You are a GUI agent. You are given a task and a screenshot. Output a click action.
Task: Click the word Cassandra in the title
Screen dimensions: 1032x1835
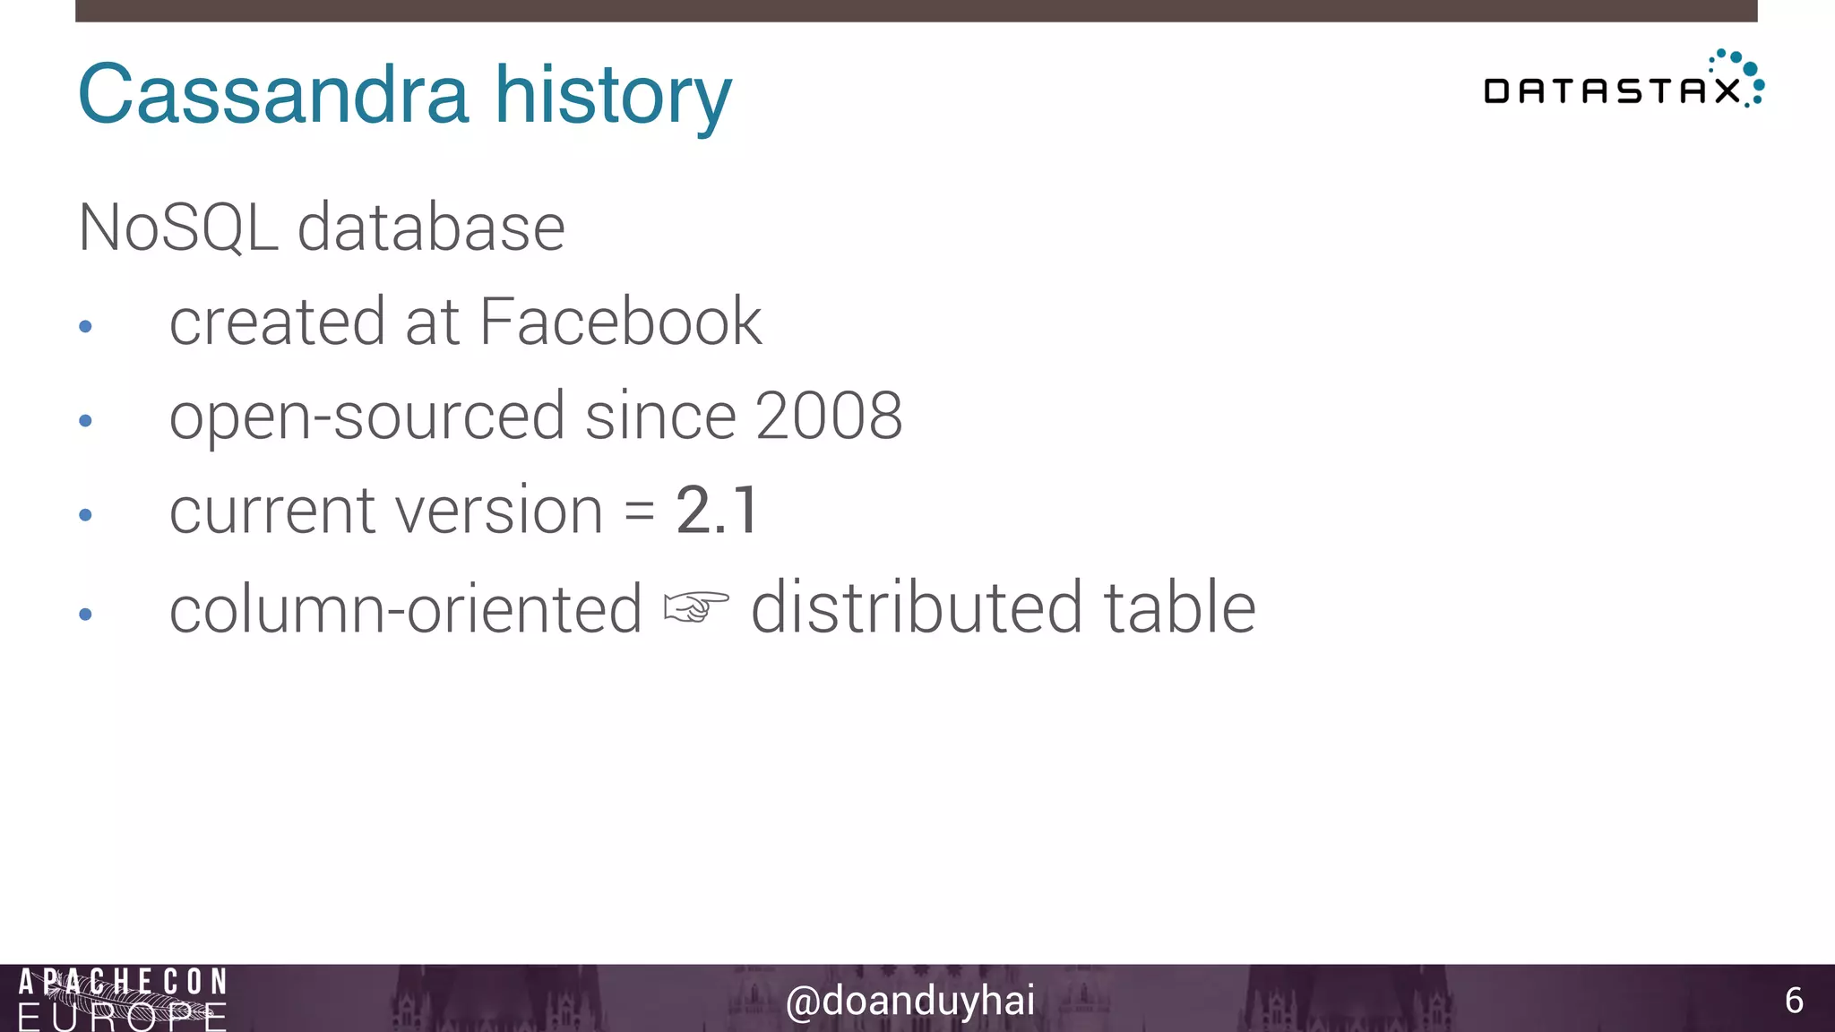[x=273, y=94]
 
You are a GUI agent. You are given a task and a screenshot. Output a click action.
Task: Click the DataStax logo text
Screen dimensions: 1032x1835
[x=1611, y=90]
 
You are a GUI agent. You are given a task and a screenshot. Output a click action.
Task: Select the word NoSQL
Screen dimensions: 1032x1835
[x=177, y=228]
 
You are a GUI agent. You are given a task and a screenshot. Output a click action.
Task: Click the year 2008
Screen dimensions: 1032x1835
[x=828, y=416]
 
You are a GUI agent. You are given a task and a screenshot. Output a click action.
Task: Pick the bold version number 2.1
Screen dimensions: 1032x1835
[x=718, y=511]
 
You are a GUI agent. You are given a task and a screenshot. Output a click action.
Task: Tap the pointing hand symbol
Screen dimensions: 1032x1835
[x=696, y=607]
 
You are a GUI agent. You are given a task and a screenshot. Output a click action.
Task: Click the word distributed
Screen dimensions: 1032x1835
[x=916, y=607]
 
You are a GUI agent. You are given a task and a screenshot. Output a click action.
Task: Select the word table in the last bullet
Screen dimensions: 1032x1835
[x=1179, y=607]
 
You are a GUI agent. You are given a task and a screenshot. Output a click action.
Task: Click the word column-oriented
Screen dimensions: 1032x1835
[x=405, y=609]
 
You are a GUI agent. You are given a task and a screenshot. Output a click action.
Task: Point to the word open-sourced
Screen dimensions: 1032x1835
[x=367, y=417]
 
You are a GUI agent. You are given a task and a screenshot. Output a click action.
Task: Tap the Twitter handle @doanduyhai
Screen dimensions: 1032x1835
[x=909, y=1001]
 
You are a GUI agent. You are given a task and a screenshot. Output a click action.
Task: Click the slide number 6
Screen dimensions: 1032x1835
[x=1793, y=1001]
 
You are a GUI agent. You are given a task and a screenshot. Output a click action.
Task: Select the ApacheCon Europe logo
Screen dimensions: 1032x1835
[x=123, y=999]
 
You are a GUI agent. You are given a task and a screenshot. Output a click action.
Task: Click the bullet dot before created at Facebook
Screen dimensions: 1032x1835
[x=86, y=327]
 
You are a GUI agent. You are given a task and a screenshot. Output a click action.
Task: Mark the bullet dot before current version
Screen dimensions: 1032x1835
[x=86, y=515]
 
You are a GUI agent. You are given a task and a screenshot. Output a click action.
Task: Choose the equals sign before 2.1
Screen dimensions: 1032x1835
[x=640, y=512]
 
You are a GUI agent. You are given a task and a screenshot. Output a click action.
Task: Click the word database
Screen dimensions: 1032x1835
[x=431, y=228]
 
